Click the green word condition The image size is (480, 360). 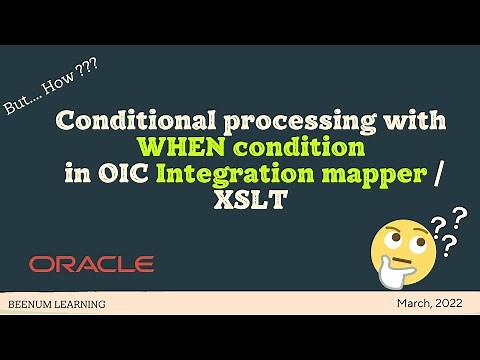[281, 147]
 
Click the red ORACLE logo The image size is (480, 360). [91, 264]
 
